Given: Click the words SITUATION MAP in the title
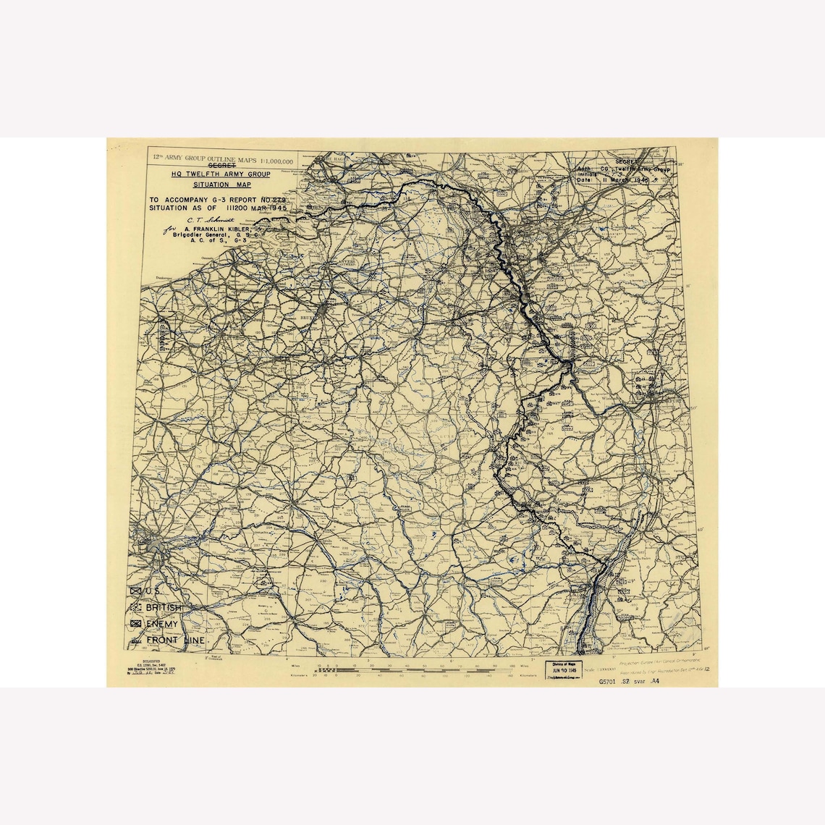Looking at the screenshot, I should [x=221, y=185].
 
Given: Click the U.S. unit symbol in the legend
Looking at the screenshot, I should [x=136, y=591].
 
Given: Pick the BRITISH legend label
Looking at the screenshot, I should [x=164, y=608].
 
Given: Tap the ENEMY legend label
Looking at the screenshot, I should [x=161, y=624].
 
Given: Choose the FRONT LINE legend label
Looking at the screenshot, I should [x=174, y=640].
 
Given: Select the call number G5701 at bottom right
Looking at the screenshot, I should [x=610, y=682].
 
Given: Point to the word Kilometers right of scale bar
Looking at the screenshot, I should [x=527, y=675].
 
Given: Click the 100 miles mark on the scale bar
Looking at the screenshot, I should [x=512, y=665].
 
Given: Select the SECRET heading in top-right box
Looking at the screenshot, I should [x=626, y=161].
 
